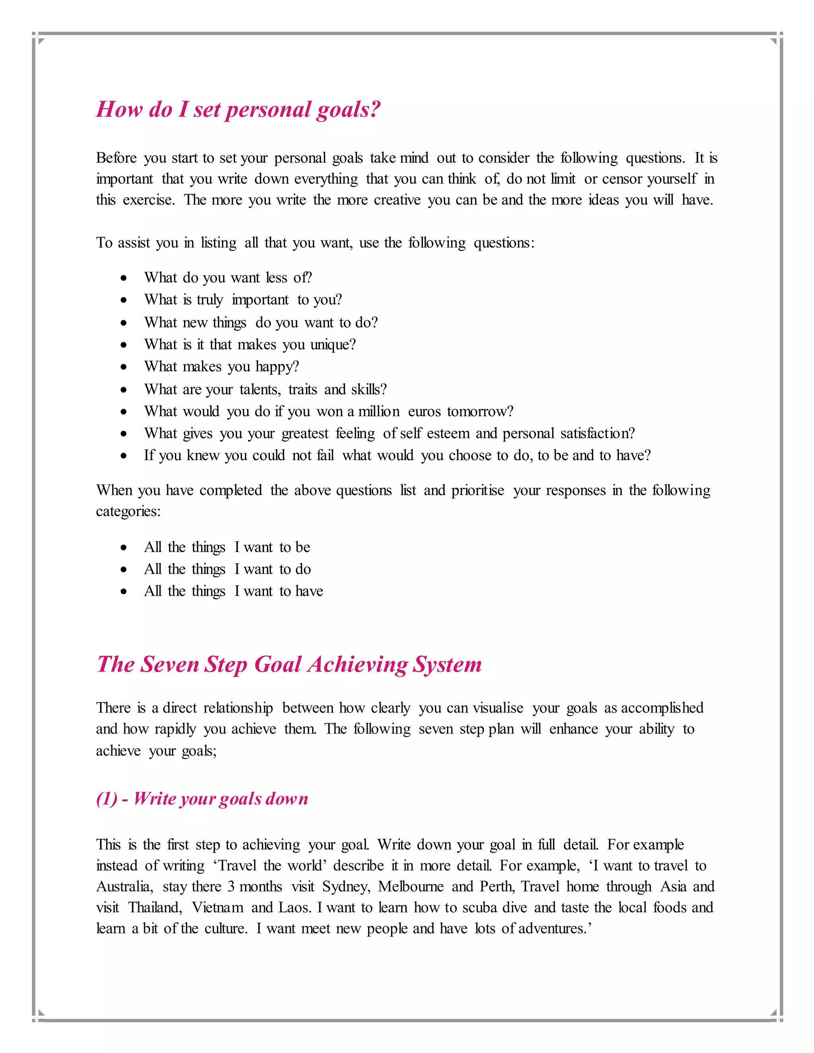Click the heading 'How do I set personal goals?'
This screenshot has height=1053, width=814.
tap(238, 110)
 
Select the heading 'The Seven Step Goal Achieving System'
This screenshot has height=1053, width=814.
tap(289, 664)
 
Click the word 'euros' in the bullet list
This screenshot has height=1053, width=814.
tap(424, 411)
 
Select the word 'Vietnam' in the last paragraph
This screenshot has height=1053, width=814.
tap(217, 908)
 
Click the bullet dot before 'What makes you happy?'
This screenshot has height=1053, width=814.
tap(124, 367)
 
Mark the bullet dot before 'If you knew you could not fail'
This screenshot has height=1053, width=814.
tap(124, 456)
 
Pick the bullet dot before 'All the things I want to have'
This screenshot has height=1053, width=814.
tap(124, 592)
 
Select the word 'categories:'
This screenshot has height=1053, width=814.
tap(128, 511)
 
